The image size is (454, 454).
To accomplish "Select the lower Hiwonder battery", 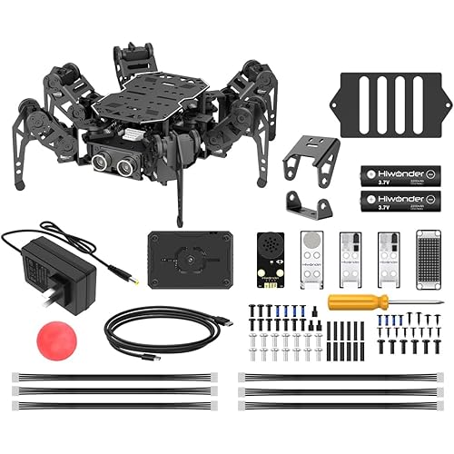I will point(399,199).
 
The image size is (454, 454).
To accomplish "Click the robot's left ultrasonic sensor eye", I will point(102,163).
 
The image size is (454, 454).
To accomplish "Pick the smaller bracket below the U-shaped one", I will point(305,203).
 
